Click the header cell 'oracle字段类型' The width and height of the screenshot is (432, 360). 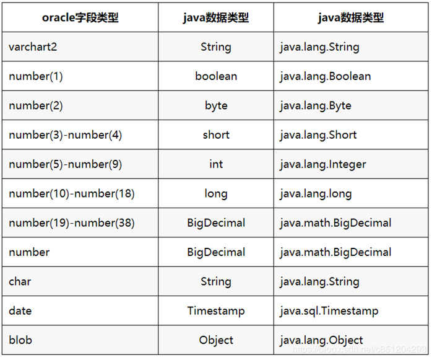[80, 17]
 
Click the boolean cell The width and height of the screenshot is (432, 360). [216, 76]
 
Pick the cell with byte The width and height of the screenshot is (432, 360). [216, 106]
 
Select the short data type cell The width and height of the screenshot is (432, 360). [216, 135]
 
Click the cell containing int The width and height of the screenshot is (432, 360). [216, 164]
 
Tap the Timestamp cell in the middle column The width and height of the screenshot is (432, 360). [216, 311]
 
